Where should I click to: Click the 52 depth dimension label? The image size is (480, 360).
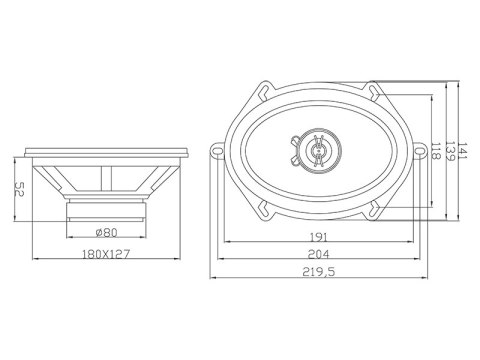19,189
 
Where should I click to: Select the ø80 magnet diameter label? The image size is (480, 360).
106,232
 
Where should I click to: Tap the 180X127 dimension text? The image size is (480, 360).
106,254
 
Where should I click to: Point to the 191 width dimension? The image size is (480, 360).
319,237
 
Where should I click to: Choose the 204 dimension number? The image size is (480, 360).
318,254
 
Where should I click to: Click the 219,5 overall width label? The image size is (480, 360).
319,272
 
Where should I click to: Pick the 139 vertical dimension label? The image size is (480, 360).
451,151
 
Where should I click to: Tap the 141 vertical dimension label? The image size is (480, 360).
463,151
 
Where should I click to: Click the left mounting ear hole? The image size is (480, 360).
217,151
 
